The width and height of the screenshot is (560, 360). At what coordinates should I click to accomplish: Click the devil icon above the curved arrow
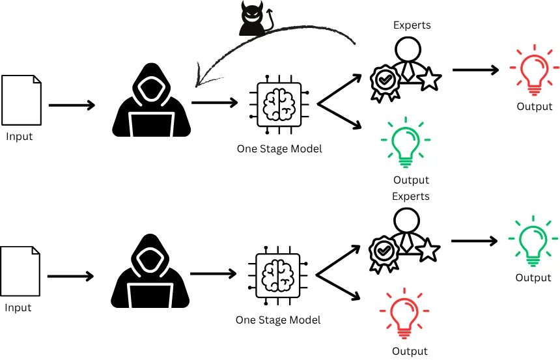point(253,19)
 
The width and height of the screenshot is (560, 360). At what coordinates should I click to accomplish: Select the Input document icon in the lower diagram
point(21,271)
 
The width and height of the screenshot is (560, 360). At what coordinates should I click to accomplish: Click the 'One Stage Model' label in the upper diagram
point(279,149)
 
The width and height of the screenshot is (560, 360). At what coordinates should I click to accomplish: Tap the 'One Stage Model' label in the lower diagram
point(278,320)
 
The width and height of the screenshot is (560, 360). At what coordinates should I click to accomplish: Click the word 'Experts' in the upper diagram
point(412,25)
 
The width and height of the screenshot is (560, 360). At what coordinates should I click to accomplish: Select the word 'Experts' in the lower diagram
point(411,196)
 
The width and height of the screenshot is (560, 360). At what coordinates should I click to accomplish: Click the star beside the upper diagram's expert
point(429,79)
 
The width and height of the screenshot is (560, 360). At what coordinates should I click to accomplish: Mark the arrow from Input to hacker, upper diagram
point(72,105)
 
